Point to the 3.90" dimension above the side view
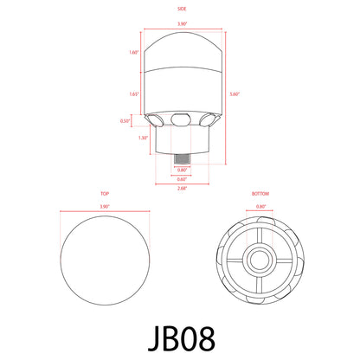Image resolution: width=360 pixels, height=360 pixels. (180, 24)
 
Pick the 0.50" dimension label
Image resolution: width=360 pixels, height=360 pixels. (125, 120)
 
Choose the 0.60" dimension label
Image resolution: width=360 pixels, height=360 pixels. (181, 179)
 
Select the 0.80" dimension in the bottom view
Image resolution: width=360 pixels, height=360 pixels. (260, 208)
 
